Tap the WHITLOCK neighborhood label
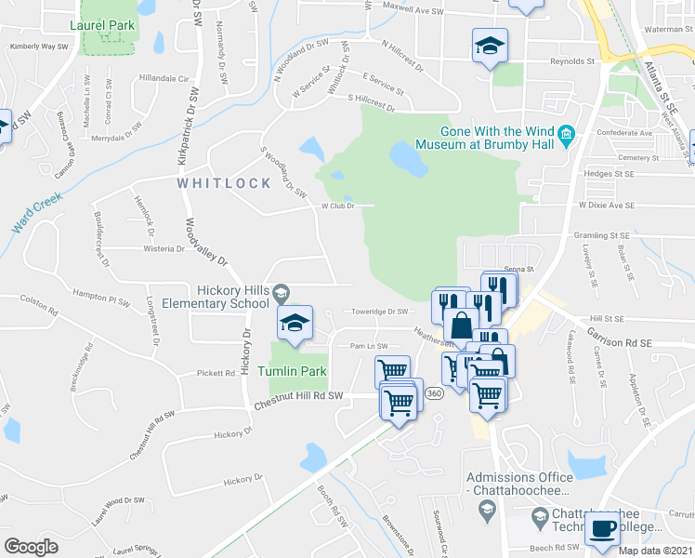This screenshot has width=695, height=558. (223, 183)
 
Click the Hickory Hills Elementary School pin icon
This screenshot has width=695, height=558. (279, 296)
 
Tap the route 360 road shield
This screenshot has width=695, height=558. (434, 394)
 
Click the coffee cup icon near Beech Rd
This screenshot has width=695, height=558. (602, 529)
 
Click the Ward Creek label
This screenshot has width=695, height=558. (35, 214)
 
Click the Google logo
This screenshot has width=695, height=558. (31, 547)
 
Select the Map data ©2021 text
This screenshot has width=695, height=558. (656, 551)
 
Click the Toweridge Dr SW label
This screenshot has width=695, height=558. (379, 312)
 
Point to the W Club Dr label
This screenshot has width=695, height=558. (338, 206)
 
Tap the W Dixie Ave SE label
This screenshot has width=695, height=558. (606, 205)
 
